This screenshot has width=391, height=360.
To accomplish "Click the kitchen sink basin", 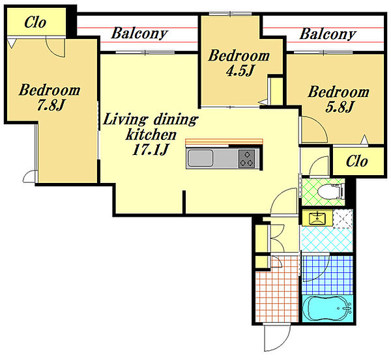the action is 200,158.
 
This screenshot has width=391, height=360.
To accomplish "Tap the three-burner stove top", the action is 246,158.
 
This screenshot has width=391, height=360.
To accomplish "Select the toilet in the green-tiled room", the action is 330,191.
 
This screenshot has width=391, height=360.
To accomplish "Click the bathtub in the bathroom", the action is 327,308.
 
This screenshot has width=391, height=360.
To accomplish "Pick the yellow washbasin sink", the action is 317,218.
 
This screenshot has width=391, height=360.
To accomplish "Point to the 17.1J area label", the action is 150,150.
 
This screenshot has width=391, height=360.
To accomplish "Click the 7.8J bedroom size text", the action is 51,105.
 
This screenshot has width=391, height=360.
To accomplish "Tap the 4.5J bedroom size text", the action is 240,70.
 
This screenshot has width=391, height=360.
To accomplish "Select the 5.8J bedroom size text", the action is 339,107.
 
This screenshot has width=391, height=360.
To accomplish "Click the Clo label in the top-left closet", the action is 35,22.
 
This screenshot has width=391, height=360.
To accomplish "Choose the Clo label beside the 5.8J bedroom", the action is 356,161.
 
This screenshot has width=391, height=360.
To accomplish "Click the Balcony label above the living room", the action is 139,33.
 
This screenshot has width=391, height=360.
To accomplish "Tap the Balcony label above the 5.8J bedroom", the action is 328,34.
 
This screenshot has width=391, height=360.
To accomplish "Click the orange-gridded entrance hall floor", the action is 277,294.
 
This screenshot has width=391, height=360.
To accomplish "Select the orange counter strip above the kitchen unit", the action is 224,141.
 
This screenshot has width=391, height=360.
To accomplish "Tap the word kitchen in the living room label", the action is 151,135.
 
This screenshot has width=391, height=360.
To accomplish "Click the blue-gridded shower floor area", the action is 327,275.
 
